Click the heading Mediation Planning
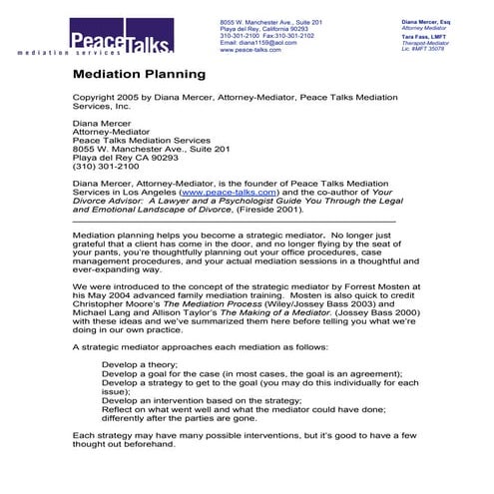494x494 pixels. [x=139, y=74]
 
